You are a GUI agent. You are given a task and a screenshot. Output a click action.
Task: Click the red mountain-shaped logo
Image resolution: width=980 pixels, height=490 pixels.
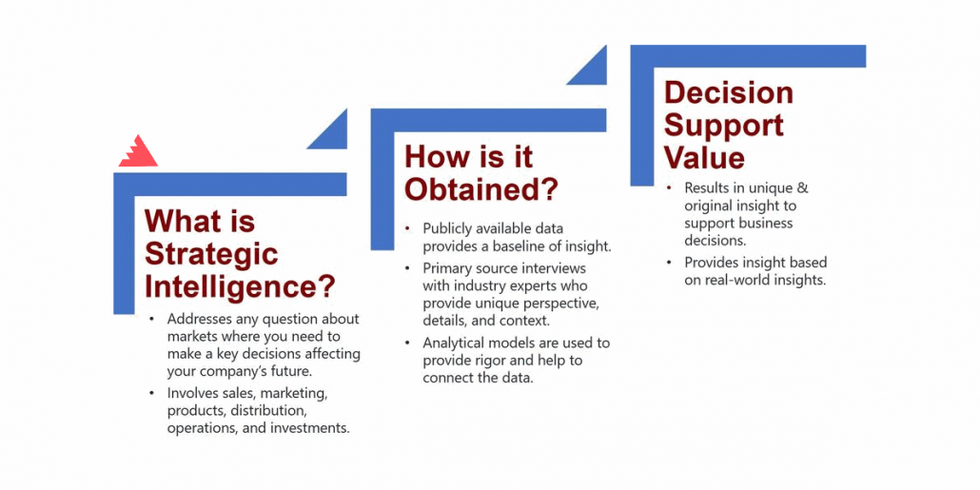(138, 153)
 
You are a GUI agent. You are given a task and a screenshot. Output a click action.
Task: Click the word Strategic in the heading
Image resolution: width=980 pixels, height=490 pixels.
(211, 254)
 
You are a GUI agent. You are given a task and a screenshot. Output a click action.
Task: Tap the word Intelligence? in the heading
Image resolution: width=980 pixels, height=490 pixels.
(240, 287)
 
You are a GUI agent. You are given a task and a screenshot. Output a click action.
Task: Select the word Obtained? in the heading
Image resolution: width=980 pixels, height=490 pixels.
(480, 189)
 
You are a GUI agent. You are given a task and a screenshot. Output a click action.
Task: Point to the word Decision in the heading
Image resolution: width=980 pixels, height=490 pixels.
(728, 93)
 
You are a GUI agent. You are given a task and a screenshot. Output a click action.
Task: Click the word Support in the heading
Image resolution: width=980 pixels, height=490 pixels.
(724, 126)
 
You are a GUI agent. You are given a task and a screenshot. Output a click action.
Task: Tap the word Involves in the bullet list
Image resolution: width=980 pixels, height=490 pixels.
(190, 394)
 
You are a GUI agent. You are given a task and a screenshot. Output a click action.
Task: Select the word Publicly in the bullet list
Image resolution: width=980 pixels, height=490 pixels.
(446, 228)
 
